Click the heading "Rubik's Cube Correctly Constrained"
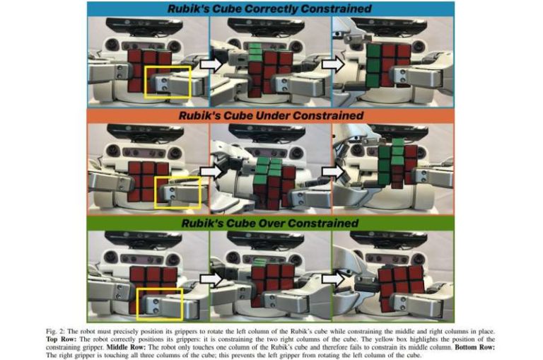click(271, 9)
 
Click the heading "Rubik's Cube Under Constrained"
click(271, 115)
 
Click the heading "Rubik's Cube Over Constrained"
click(271, 223)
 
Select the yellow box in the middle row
click(177, 192)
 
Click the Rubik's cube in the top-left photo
click(148, 68)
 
